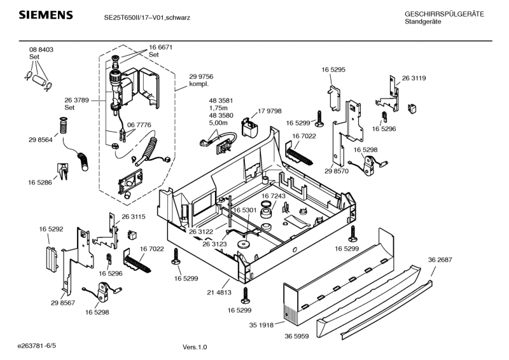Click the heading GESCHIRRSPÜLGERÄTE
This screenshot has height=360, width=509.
444,14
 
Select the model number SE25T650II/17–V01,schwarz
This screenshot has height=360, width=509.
147,18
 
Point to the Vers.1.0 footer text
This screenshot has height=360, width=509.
195,347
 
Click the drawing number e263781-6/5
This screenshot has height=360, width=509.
41,344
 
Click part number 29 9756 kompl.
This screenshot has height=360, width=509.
201,80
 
